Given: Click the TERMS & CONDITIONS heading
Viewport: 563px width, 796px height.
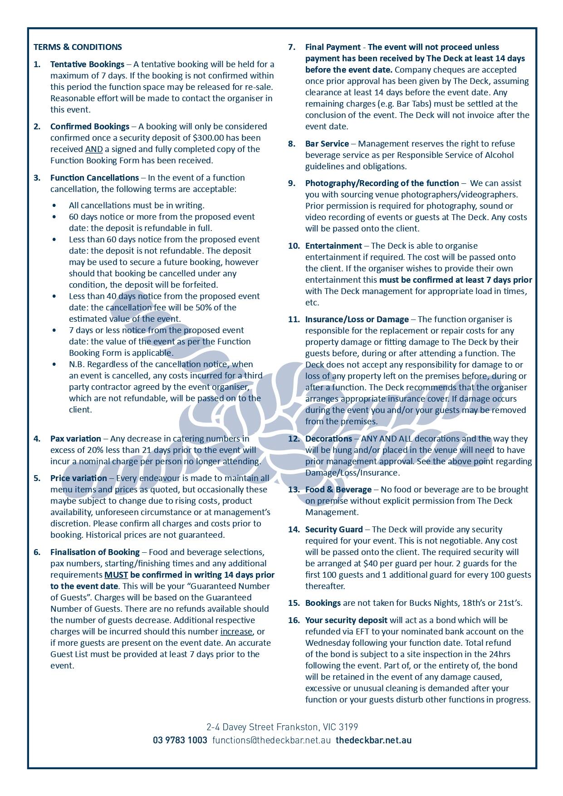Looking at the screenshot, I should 78,47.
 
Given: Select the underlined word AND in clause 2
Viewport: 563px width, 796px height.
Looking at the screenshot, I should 93,149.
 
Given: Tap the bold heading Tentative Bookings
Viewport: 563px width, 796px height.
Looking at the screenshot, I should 87,64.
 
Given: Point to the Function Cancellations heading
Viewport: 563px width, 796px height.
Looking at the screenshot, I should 94,177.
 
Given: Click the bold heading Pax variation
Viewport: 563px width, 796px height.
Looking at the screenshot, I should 76,438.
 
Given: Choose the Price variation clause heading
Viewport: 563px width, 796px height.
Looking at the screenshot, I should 78,478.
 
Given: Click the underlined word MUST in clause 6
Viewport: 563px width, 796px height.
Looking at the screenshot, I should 116,575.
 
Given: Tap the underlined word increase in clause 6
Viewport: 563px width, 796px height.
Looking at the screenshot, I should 236,631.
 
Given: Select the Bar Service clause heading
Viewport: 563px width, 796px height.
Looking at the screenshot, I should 327,143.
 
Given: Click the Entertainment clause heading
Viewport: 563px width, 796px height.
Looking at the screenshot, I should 333,246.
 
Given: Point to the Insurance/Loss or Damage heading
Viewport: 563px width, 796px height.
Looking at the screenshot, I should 357,319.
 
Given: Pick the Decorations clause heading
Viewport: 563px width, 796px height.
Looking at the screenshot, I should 328,438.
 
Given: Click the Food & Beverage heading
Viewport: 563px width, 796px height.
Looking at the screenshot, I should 338,489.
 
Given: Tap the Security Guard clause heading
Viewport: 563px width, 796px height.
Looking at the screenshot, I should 334,529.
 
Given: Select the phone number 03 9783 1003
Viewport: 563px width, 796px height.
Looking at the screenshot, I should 180,740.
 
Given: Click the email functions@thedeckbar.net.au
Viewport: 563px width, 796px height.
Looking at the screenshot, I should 271,740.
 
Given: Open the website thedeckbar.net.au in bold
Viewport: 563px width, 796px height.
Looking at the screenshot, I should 373,740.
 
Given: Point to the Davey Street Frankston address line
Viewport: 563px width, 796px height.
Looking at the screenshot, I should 282,727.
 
